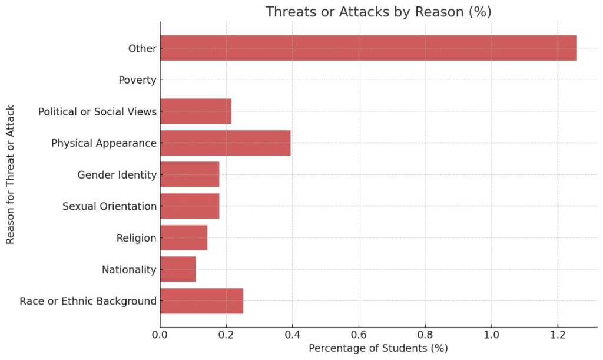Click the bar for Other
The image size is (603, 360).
coord(368,48)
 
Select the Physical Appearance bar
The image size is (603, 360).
coord(225,143)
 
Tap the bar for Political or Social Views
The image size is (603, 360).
coord(196,111)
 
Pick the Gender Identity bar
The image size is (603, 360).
coord(190,174)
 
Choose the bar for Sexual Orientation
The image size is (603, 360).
coord(190,206)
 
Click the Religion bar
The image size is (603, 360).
coord(184,238)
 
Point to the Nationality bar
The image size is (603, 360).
coord(178,269)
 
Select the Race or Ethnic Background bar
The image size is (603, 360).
coord(201,301)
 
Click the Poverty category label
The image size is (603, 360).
coord(137,80)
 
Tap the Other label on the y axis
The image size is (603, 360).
coord(143,48)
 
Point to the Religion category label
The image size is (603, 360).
coord(137,238)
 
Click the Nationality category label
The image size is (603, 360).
coord(129,270)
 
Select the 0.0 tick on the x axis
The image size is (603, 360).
coord(160,335)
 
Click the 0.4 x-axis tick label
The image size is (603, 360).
coord(292,335)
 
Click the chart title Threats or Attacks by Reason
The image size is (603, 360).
coord(378,12)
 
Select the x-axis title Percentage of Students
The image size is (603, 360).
coord(378,349)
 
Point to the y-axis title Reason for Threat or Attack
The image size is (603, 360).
coord(11,174)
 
